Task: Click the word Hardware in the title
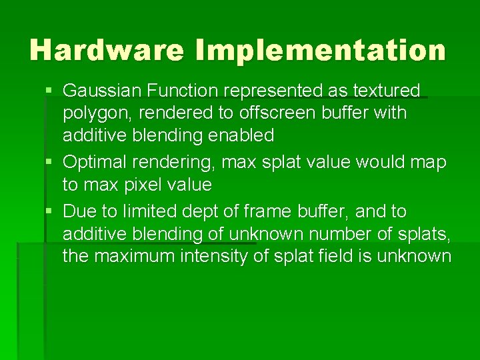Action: point(107,50)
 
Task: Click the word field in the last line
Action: point(324,257)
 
